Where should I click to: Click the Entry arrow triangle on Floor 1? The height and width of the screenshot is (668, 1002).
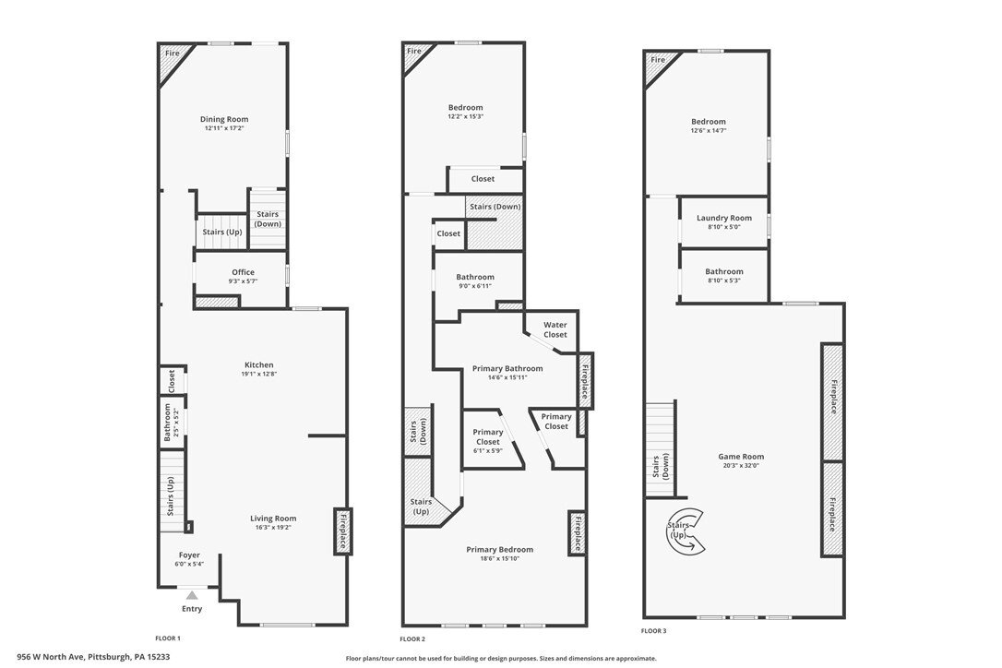pyautogui.click(x=192, y=595)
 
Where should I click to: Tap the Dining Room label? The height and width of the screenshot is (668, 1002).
pyautogui.click(x=224, y=119)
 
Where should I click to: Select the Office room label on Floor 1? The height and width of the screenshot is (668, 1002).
pyautogui.click(x=243, y=272)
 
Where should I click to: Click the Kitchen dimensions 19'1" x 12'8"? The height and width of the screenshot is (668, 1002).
pyautogui.click(x=259, y=374)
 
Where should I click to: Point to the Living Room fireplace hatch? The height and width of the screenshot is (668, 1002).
pyautogui.click(x=342, y=531)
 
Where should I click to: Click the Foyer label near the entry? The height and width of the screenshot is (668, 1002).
pyautogui.click(x=189, y=555)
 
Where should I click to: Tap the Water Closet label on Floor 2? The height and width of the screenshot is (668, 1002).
pyautogui.click(x=555, y=329)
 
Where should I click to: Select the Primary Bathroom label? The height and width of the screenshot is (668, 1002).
pyautogui.click(x=507, y=369)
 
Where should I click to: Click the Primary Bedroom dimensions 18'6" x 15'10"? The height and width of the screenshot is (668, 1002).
pyautogui.click(x=499, y=559)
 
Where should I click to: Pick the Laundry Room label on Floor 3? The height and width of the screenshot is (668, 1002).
pyautogui.click(x=724, y=218)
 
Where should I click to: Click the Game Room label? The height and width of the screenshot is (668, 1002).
pyautogui.click(x=741, y=457)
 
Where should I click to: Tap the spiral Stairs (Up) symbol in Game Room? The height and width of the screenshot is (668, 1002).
pyautogui.click(x=685, y=530)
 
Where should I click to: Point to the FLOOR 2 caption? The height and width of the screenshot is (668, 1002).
pyautogui.click(x=412, y=639)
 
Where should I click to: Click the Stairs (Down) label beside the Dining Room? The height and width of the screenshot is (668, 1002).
pyautogui.click(x=268, y=220)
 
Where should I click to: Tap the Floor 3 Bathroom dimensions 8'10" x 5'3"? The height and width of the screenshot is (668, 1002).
pyautogui.click(x=724, y=280)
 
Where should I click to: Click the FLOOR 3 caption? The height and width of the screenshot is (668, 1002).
pyautogui.click(x=654, y=631)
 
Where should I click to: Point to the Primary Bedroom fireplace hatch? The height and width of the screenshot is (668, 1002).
pyautogui.click(x=577, y=533)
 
